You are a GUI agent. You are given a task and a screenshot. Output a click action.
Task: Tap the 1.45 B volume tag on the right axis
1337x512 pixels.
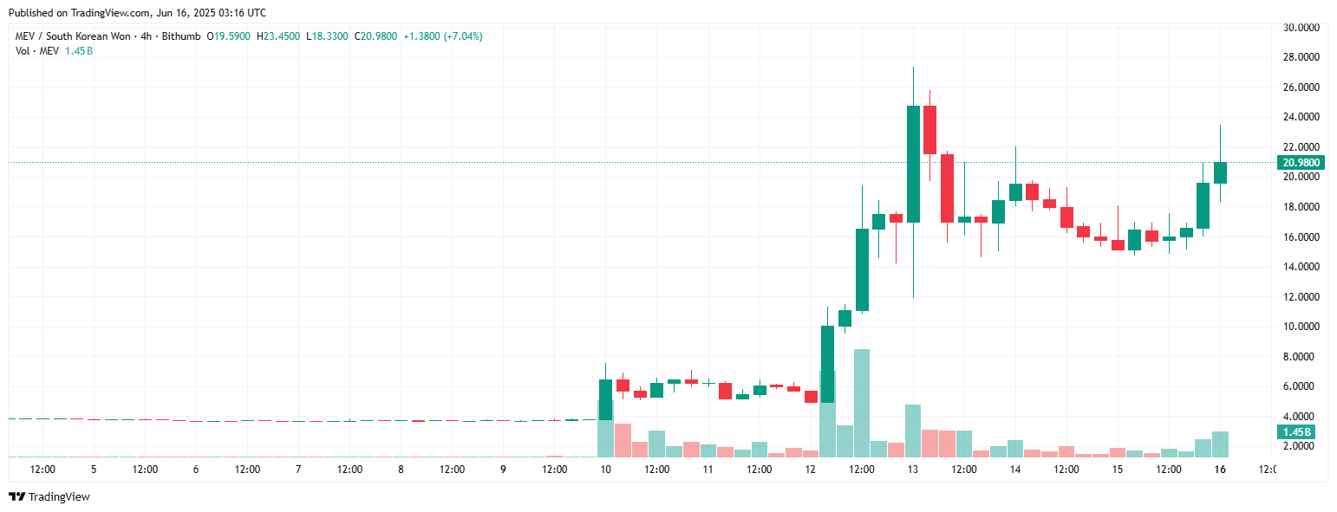pos(1298,431)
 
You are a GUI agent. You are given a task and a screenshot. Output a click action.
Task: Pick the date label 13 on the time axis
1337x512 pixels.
pos(913,470)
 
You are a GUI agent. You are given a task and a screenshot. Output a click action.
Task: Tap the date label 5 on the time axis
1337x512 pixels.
pos(94,470)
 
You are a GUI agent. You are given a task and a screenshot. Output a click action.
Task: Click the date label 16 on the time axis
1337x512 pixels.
pos(1220,470)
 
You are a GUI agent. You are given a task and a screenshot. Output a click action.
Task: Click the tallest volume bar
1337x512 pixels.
pos(862,403)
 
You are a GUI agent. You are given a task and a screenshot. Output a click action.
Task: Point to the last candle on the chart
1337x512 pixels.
pos(1220,172)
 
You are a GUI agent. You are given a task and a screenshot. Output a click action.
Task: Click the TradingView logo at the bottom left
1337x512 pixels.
pos(49,496)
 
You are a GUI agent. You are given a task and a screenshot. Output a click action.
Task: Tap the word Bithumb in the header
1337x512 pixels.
pos(181,36)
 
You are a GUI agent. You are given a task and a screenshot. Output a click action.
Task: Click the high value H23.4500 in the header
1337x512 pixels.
pos(278,36)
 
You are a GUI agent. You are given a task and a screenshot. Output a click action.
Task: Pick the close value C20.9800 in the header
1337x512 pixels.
pos(375,36)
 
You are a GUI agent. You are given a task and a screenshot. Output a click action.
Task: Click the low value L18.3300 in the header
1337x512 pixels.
pos(327,36)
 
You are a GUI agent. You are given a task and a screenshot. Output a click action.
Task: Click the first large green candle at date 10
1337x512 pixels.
pos(605,399)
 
